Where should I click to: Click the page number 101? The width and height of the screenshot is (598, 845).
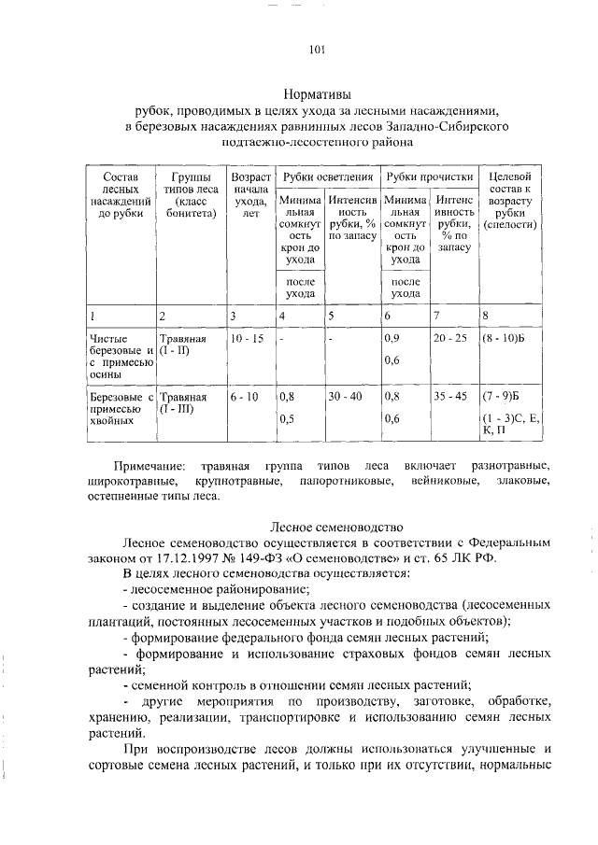click(315, 50)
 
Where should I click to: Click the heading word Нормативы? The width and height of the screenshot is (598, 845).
click(317, 93)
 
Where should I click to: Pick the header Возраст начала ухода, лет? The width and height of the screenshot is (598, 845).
click(249, 195)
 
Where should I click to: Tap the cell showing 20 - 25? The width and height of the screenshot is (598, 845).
click(454, 338)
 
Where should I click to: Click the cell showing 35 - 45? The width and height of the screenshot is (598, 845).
click(454, 397)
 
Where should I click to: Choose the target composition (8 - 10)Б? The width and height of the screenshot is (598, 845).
click(504, 338)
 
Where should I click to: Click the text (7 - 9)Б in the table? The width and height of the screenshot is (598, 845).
click(501, 397)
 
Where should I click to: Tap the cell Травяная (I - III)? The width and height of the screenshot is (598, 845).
click(183, 402)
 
